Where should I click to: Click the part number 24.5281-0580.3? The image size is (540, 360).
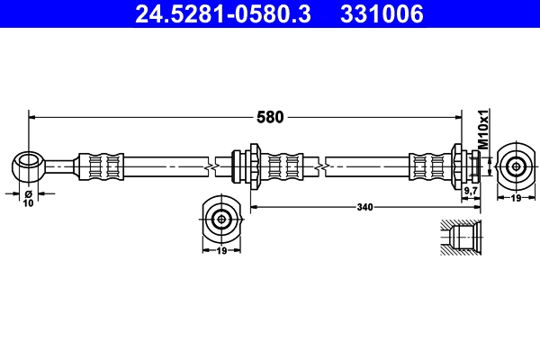pos(224,14)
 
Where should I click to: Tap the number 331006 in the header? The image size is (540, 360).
pos(380,14)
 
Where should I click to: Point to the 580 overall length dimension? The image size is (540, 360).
pos(271,116)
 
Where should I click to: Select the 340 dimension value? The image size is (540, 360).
pos(364,207)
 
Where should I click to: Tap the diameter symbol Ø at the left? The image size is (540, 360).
pos(28,194)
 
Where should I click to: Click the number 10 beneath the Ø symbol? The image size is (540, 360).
pos(28,204)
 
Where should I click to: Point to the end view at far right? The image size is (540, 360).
pos(515,166)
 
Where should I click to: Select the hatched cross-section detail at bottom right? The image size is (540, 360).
pos(461,240)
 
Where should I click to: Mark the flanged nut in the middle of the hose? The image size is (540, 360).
pos(251,166)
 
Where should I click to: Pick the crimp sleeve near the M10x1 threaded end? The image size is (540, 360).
pos(429,166)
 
